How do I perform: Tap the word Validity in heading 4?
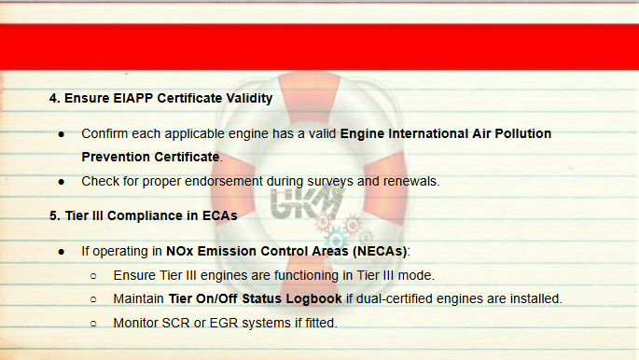click(x=249, y=98)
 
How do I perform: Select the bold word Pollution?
click(x=522, y=133)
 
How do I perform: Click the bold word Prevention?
click(x=116, y=157)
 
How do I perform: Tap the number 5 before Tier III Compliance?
click(x=53, y=215)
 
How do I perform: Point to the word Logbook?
click(x=313, y=299)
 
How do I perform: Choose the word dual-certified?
click(x=394, y=299)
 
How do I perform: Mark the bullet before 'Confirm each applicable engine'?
click(x=62, y=134)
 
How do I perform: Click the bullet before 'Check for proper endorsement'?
click(x=62, y=182)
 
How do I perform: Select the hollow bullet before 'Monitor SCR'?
click(x=93, y=325)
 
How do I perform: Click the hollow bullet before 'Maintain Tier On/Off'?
click(x=93, y=299)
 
